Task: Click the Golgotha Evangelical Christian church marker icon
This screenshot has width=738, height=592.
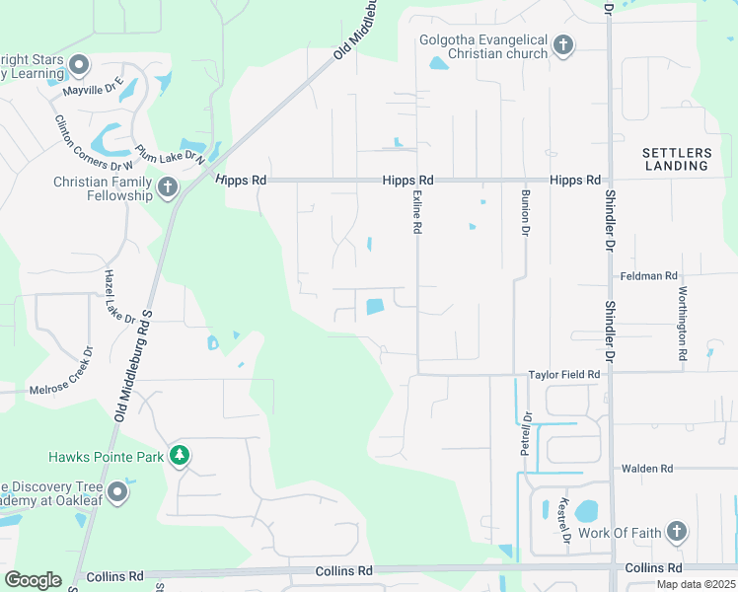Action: pos(563,44)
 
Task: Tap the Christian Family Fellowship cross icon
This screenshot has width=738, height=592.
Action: pos(168,186)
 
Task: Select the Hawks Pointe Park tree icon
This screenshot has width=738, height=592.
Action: pos(179,455)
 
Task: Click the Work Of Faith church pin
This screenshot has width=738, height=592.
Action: pos(676,533)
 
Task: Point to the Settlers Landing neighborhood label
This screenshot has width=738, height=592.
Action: pos(677,159)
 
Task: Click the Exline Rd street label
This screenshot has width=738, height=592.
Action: pos(417,212)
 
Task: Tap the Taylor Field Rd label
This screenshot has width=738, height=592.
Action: pos(564,375)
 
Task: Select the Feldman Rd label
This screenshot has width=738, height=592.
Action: pos(649,276)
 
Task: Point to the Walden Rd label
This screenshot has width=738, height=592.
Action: pos(646,469)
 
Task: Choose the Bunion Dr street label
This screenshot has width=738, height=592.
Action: pos(526,212)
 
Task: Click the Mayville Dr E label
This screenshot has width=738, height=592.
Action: pos(93,89)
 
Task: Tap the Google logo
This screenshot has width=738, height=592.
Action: pos(33,579)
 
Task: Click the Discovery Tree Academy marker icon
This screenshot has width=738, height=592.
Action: pos(118,491)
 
